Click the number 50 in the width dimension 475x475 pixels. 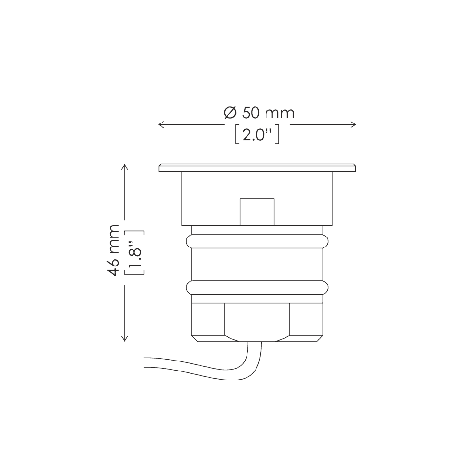click(251, 113)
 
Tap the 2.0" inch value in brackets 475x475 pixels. click(256, 135)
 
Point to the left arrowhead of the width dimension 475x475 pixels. click(160, 124)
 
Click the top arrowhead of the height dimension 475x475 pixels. click(125, 167)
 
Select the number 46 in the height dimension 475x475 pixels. click(113, 266)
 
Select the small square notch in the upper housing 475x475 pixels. click(257, 211)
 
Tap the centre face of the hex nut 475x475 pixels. click(256, 321)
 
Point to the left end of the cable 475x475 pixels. click(146, 361)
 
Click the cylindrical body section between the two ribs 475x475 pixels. click(256, 264)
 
